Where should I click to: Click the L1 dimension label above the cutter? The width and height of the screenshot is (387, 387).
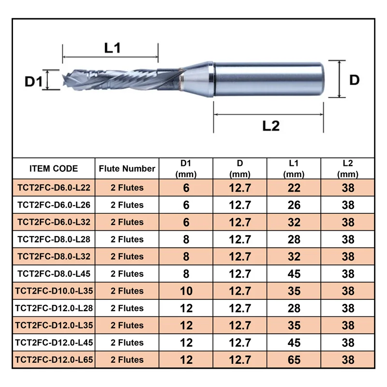(x=112, y=47)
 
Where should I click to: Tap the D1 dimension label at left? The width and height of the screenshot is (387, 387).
(x=34, y=81)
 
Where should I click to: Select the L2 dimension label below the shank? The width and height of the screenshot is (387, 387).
(x=271, y=125)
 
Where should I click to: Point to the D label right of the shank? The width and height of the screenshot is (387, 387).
(x=354, y=80)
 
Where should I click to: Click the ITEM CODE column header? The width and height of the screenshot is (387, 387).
(x=53, y=169)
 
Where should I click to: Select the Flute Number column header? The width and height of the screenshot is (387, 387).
(x=127, y=169)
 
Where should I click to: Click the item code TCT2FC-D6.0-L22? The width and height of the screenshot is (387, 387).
(x=53, y=188)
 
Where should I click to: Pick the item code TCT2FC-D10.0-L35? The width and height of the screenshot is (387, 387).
(x=53, y=291)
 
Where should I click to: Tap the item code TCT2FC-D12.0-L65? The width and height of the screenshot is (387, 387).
(x=53, y=359)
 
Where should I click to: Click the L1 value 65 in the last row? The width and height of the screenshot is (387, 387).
(x=294, y=359)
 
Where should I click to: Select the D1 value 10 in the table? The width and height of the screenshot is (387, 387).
(x=186, y=291)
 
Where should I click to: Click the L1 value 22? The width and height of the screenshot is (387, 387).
(x=294, y=188)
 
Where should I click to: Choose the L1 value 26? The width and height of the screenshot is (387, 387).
(x=294, y=205)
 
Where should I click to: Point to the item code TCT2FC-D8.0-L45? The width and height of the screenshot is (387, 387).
(x=53, y=274)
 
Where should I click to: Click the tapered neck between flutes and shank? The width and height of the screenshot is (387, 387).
(x=196, y=77)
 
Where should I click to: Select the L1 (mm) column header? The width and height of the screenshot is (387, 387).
(x=294, y=169)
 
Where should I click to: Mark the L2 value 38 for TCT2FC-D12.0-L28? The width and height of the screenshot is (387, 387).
(x=348, y=308)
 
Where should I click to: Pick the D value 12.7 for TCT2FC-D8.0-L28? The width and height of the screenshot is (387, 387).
(x=240, y=239)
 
